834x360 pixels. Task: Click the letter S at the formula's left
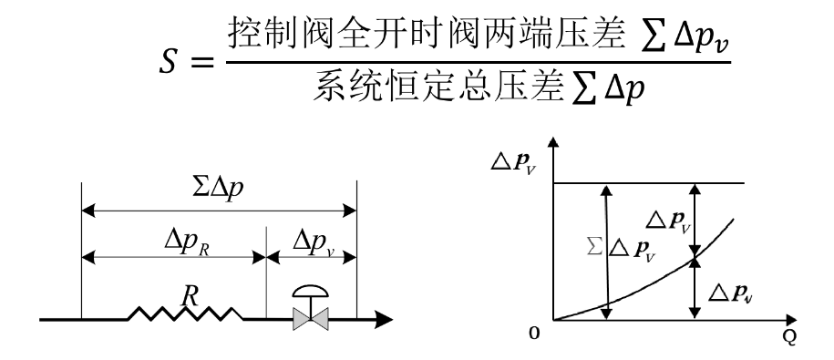point(169,63)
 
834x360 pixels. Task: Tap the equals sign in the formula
point(202,63)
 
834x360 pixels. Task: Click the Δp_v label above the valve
point(314,242)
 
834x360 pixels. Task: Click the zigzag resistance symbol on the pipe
point(186,314)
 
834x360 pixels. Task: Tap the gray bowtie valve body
point(311,319)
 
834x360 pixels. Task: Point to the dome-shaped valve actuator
point(311,291)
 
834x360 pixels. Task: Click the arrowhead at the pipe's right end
point(384,319)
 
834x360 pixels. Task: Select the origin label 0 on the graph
point(534,333)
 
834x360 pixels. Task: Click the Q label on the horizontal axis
point(790,338)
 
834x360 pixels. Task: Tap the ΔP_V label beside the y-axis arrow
point(512,163)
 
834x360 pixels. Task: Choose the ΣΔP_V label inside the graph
point(621,248)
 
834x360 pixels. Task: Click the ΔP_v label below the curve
point(733,293)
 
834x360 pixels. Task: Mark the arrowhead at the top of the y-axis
point(553,142)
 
